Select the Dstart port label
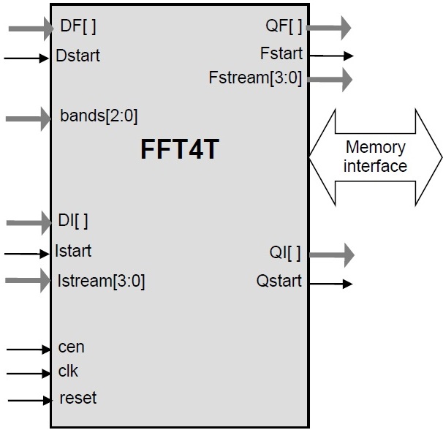(x=77, y=56)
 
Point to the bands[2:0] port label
(x=99, y=116)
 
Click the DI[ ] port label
(x=73, y=220)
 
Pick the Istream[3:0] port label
(x=101, y=280)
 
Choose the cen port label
(x=71, y=347)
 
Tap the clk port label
(x=68, y=371)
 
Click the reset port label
(x=77, y=399)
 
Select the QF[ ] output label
(x=284, y=28)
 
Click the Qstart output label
(x=279, y=282)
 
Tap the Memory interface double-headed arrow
(x=375, y=156)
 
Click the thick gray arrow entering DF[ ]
(x=28, y=29)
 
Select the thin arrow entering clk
(x=27, y=374)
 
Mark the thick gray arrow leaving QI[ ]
(x=330, y=254)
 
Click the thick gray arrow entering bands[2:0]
(x=28, y=117)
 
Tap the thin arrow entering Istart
(x=27, y=254)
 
